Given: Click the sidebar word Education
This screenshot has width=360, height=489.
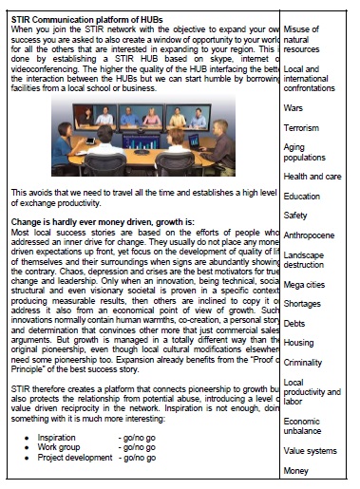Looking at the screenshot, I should (x=302, y=197).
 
